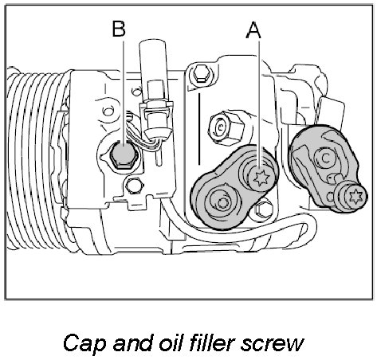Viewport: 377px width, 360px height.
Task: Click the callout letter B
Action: [x=119, y=29]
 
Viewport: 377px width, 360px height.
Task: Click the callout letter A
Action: [x=253, y=30]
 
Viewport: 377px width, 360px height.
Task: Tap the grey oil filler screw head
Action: [x=124, y=155]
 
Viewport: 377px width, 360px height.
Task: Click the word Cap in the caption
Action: [x=84, y=343]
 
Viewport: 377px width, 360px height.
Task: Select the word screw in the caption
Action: [x=273, y=345]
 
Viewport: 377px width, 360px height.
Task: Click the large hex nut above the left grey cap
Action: [x=226, y=127]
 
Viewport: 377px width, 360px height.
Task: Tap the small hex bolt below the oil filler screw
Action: [x=134, y=186]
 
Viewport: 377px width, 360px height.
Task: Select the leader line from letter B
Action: [x=124, y=92]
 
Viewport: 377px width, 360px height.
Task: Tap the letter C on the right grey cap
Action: [x=325, y=158]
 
